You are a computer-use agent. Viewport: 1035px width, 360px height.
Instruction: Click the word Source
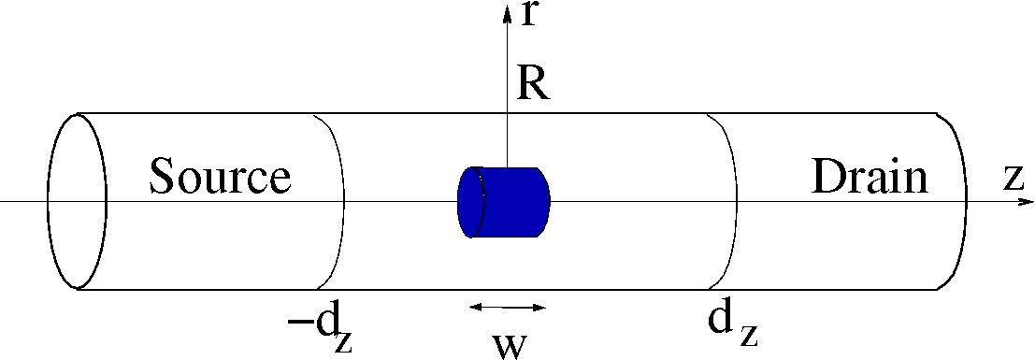(220, 176)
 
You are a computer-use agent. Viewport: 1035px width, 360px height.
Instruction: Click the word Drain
(870, 176)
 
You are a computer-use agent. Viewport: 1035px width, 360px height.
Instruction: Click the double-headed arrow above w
(507, 307)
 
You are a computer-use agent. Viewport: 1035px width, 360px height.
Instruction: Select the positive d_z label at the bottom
(731, 324)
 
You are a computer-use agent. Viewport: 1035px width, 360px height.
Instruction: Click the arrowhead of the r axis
(507, 9)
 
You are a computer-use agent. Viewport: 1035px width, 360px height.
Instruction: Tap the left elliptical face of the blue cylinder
(471, 202)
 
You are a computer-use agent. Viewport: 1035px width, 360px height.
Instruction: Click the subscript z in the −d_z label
(343, 342)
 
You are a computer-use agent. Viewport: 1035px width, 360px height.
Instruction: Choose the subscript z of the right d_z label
(748, 335)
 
